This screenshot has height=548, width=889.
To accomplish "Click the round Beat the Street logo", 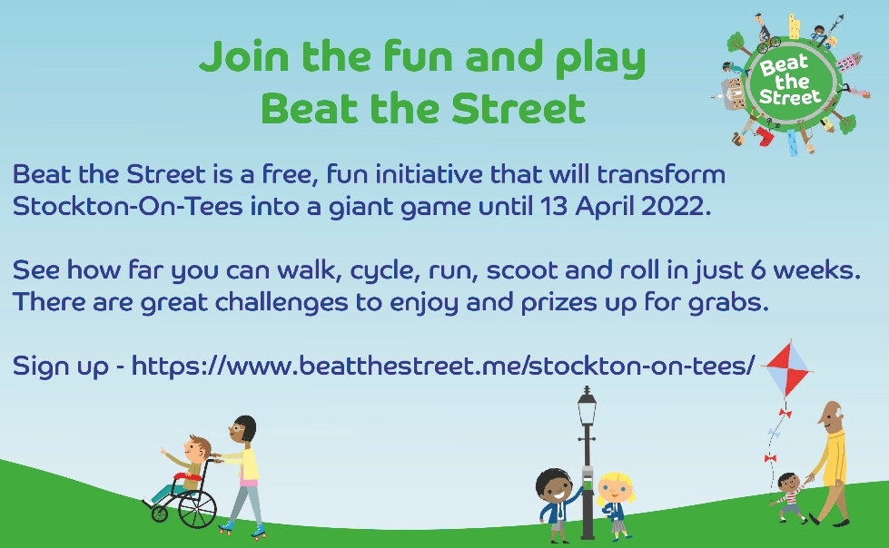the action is [x=790, y=83].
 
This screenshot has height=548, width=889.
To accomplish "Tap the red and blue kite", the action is [x=788, y=369].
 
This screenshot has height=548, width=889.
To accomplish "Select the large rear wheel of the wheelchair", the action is [x=197, y=508].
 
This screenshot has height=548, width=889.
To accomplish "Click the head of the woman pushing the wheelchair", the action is [x=243, y=429].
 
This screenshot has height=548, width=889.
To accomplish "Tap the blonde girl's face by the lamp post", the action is [x=614, y=488].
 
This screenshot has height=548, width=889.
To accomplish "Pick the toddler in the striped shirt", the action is [x=789, y=497].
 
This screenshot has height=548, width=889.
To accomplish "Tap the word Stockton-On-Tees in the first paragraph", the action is [x=127, y=206].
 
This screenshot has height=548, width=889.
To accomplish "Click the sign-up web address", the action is [x=443, y=366].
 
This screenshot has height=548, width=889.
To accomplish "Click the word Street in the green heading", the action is [x=519, y=108].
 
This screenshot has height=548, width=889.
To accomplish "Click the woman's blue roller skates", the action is [x=242, y=529].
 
